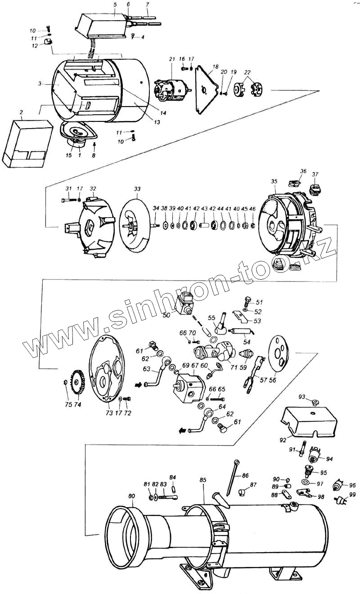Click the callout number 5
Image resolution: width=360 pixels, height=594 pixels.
[x=115, y=4]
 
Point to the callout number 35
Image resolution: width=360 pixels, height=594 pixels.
[x=274, y=181]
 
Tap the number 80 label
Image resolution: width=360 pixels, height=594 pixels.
[x=131, y=496]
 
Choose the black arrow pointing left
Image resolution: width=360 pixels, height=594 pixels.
[x=183, y=431]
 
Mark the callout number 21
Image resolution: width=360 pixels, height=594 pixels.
[x=171, y=59]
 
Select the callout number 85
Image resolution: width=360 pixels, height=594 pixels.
[x=203, y=480]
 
